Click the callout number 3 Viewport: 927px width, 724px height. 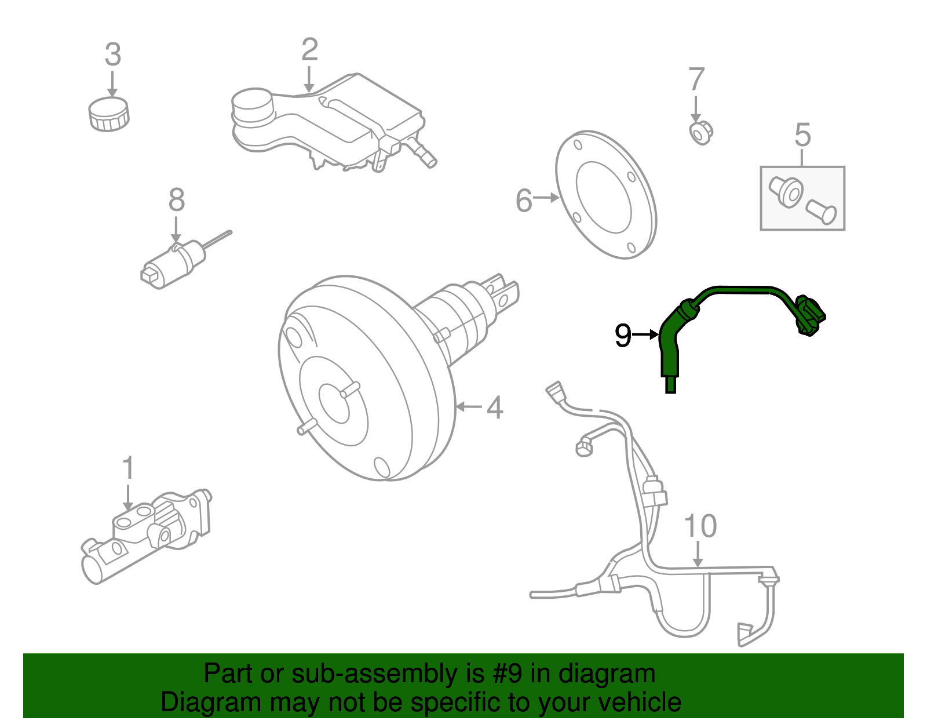click(113, 54)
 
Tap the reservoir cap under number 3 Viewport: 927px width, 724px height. click(109, 114)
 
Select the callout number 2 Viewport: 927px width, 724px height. click(309, 50)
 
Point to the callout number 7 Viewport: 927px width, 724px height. click(696, 79)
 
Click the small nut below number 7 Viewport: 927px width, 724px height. click(701, 133)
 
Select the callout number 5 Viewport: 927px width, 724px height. click(802, 134)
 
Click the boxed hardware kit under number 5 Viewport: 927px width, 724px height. click(802, 198)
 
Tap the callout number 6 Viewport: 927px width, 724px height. click(524, 201)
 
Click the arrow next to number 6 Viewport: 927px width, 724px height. click(546, 198)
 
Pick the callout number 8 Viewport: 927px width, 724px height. click(177, 200)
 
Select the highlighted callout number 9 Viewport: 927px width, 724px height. click(623, 336)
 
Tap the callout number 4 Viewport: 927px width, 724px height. click(494, 408)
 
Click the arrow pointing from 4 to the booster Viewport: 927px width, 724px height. click(469, 407)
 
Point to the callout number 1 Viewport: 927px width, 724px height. click(128, 468)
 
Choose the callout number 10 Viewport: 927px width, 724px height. click(700, 526)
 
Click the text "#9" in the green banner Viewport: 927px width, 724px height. click(508, 674)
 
